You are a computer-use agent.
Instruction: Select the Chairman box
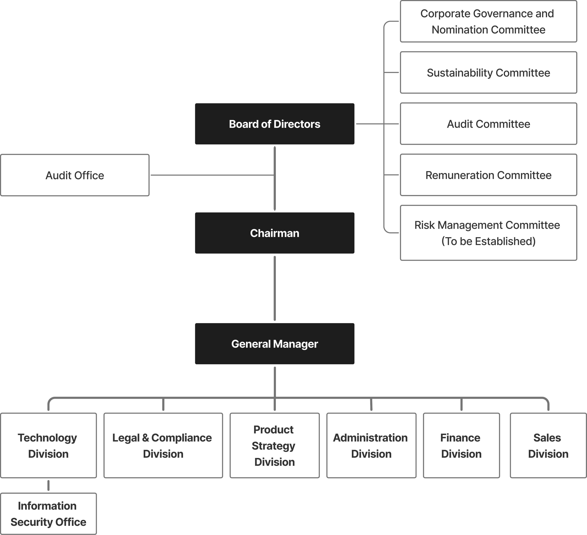[275, 233]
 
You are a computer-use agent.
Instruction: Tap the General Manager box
[275, 344]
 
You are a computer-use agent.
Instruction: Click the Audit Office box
[75, 175]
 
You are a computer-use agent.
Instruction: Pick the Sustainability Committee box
[489, 73]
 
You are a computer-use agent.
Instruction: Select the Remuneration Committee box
[489, 175]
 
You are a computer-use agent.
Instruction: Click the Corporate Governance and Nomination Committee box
[489, 21]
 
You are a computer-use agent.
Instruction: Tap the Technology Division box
[48, 446]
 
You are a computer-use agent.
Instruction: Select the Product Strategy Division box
[275, 446]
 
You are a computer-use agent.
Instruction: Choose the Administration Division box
[371, 446]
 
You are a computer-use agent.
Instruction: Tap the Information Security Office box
[48, 514]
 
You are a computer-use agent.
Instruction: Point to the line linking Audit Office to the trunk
[212, 175]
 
